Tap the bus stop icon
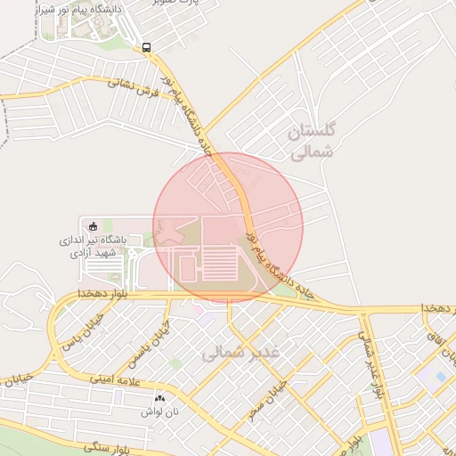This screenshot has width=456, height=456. (x=146, y=48)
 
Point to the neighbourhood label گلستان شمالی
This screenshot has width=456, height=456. (x=312, y=142)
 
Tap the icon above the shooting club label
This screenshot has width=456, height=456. (x=94, y=224)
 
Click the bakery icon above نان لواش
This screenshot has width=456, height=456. (x=160, y=398)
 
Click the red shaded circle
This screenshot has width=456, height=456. (x=228, y=226)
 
